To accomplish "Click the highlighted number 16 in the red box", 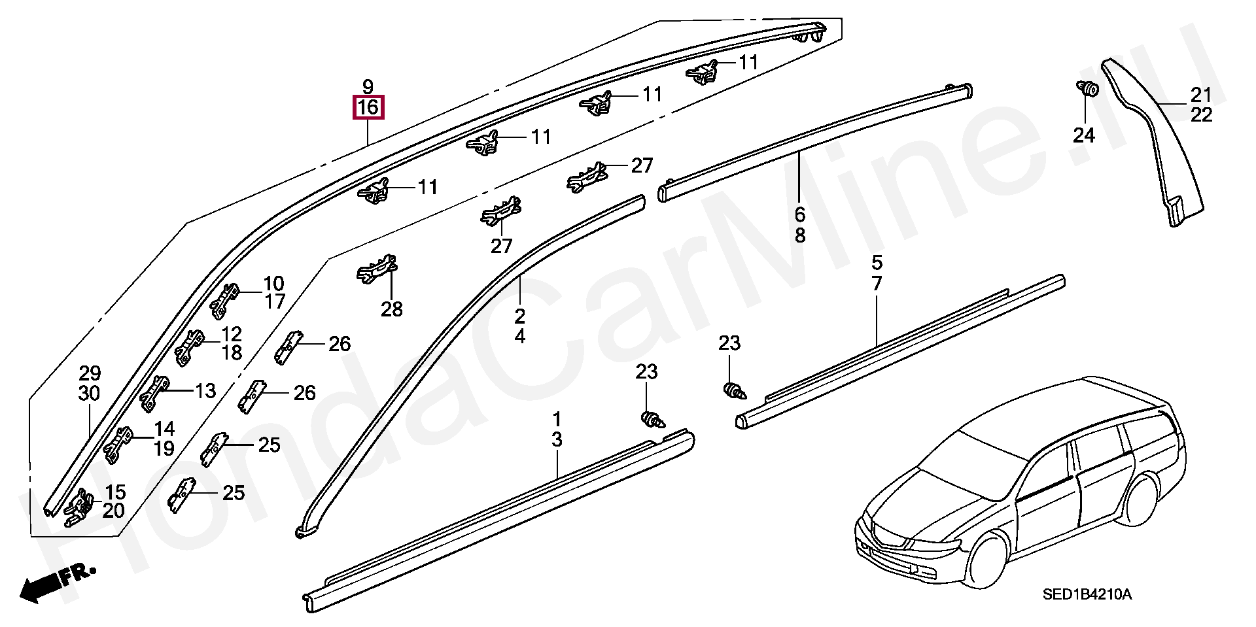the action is click(368, 108).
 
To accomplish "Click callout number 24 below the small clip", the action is click(1084, 135).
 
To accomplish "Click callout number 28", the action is click(392, 309).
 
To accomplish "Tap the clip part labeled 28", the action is click(377, 269).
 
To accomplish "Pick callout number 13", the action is click(205, 391).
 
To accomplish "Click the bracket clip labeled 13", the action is click(155, 394).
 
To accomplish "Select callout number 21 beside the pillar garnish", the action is click(1202, 95).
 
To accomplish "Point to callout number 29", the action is click(90, 373).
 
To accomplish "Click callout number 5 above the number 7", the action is click(877, 263).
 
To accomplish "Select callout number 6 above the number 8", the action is click(800, 214).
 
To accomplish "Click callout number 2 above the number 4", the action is click(519, 316).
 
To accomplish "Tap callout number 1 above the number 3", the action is click(557, 419).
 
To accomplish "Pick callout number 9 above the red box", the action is click(368, 86).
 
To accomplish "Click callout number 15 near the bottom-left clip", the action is click(114, 492).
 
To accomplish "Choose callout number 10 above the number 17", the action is click(273, 284).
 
